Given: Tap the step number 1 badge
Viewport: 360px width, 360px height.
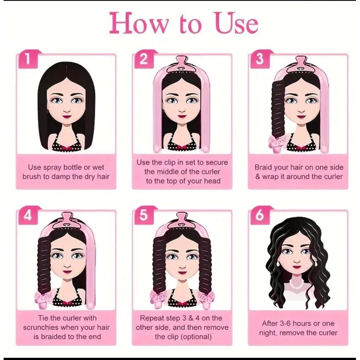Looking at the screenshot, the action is pos(28,59).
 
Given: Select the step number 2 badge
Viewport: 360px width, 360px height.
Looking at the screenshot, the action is pos(144,59).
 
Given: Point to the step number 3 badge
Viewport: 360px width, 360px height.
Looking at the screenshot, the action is pos(260,59).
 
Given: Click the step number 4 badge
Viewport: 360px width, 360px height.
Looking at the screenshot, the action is pos(28,216).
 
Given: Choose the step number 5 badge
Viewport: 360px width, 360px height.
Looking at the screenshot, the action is pos(144,216).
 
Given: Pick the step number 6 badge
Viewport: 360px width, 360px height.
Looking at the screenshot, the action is pos(260,216).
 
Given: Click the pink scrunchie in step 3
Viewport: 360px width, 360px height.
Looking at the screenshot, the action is pos(277,140).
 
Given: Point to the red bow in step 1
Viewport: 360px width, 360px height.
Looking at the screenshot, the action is pos(67,148).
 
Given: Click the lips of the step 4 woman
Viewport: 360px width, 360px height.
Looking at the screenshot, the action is pos(67,272).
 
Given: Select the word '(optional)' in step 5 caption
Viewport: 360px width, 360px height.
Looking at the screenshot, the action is pos(196,337).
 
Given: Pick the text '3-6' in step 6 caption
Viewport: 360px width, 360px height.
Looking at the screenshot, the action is pos(285,324).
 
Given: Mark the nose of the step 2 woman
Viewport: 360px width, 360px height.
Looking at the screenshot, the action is pos(182,111).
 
